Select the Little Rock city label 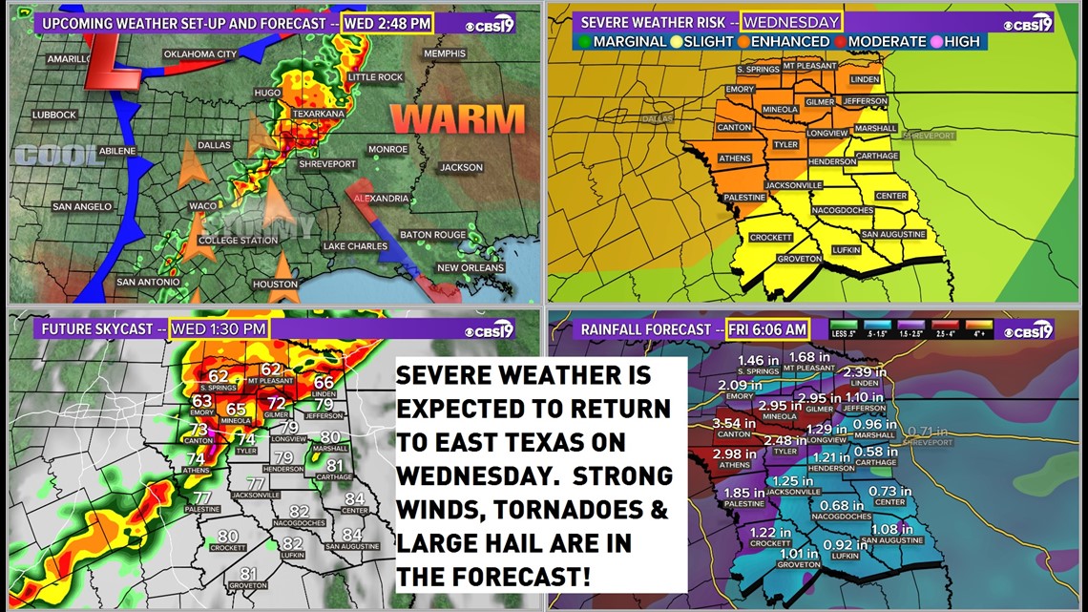coord(375,76)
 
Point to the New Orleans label coord(470,268)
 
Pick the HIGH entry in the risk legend coord(955,42)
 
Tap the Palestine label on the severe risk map coord(744,198)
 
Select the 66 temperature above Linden coord(324,383)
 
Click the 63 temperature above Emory coord(201,401)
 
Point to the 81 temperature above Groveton coord(249,574)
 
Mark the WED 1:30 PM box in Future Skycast coord(220,329)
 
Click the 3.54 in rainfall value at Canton coord(733,423)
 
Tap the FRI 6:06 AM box coord(768,329)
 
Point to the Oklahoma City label coord(199,54)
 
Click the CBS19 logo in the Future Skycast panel coord(490,330)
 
